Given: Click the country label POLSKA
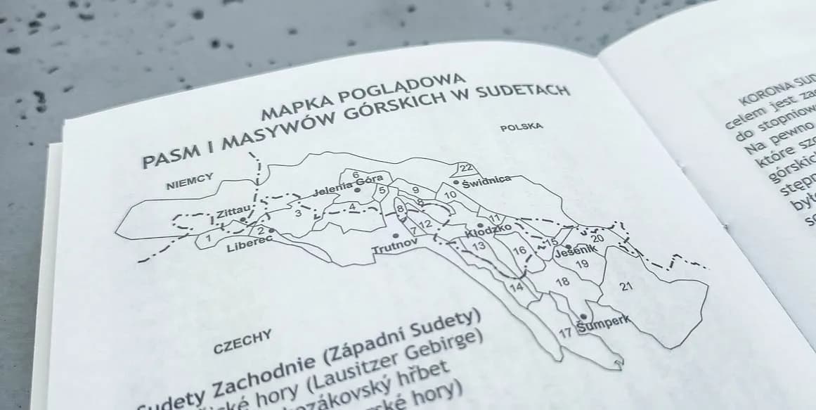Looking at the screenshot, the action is point(521,127).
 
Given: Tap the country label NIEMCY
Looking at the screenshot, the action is point(189,181).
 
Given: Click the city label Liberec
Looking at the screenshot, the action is point(249,244).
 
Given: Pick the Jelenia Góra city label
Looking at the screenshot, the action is point(348,185).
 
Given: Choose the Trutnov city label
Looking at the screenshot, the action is point(394,247).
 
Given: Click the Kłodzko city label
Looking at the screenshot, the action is point(488,231).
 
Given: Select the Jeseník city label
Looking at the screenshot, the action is point(575,250).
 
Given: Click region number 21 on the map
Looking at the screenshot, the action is point(626,286).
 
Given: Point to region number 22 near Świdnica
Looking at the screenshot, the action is point(466,168).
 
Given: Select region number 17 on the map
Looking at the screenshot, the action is point(565,333).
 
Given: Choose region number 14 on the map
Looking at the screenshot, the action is point(517,287).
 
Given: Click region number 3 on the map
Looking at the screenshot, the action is point(298,213).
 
